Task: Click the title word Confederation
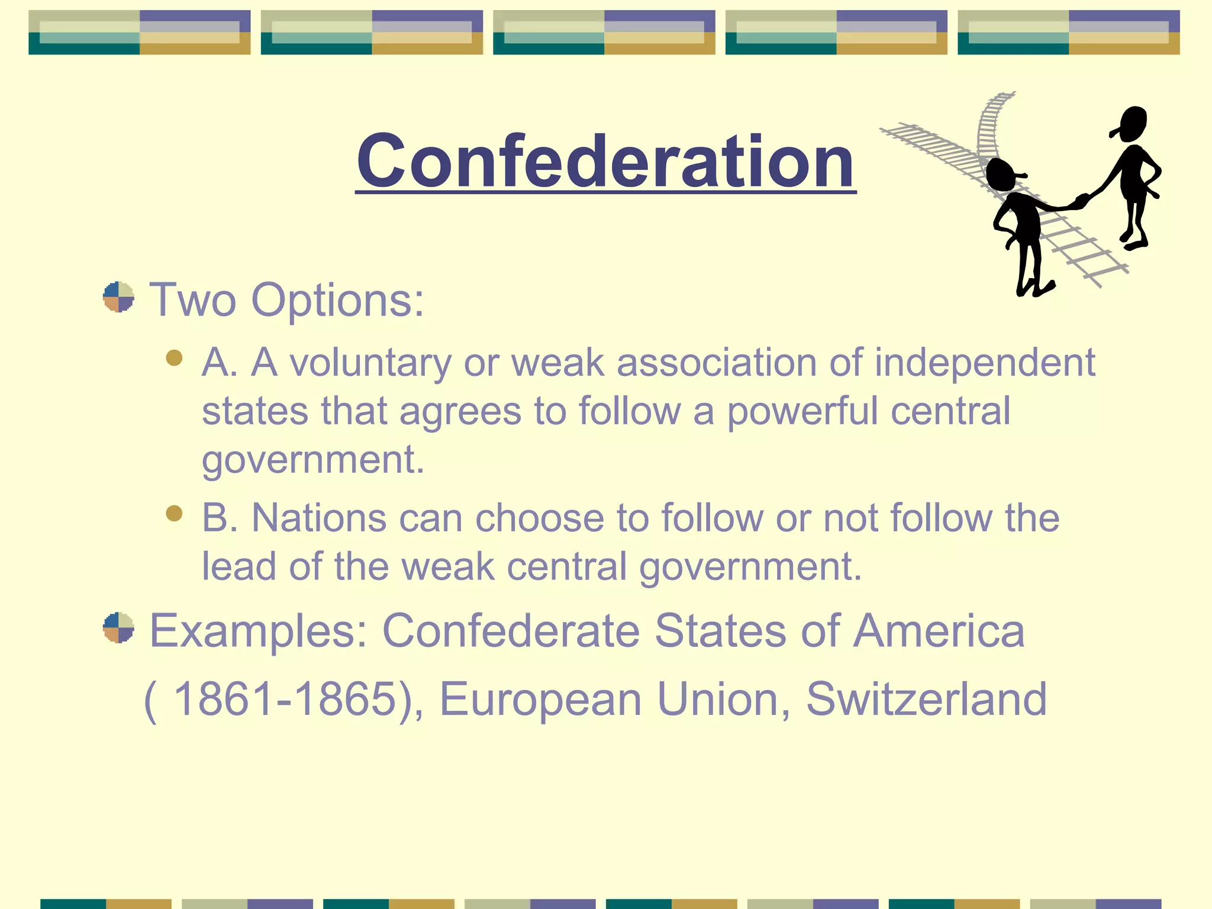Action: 605,161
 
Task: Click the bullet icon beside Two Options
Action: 118,296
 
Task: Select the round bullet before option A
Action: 174,357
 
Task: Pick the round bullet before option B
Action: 174,512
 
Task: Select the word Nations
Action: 319,518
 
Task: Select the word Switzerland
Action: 926,699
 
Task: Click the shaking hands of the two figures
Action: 1081,201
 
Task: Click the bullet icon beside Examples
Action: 118,627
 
